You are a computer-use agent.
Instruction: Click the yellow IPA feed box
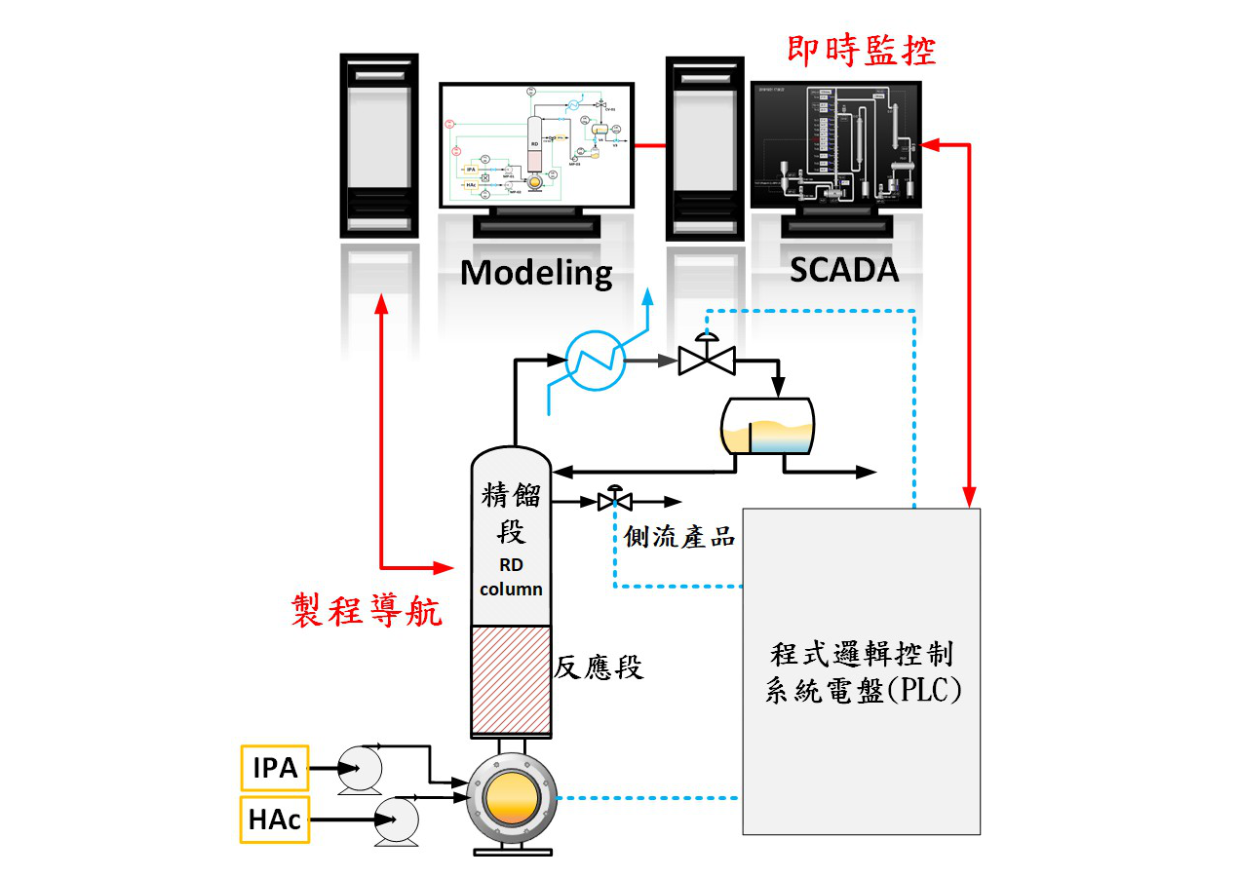click(x=275, y=768)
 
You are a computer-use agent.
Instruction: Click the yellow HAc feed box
click(x=275, y=820)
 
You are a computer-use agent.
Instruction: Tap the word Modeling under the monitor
click(x=536, y=272)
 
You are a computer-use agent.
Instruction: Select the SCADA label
click(x=844, y=270)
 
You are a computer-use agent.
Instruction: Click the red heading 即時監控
click(x=861, y=50)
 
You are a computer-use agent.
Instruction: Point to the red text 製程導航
click(x=367, y=611)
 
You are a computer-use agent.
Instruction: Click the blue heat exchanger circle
click(x=597, y=361)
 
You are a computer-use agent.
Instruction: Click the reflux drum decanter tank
click(x=766, y=425)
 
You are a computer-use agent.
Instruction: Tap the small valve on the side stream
click(x=614, y=501)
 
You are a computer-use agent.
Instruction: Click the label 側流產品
click(x=679, y=536)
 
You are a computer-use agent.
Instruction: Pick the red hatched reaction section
click(x=512, y=680)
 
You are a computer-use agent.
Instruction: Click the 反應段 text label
click(x=599, y=667)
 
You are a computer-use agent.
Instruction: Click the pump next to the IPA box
click(x=360, y=768)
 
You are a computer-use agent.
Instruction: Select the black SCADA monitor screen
click(x=835, y=146)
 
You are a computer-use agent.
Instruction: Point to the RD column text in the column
click(x=511, y=577)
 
